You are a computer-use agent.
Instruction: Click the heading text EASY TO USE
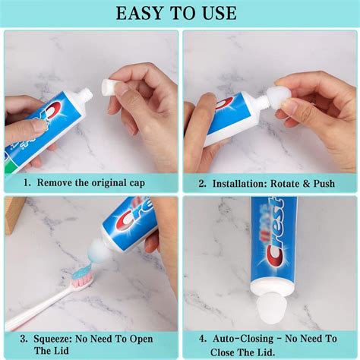tap(179, 13)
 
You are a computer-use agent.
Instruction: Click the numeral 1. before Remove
tap(27, 182)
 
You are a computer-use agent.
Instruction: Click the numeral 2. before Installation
tap(203, 182)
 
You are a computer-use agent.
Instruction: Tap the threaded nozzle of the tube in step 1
tap(86, 95)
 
